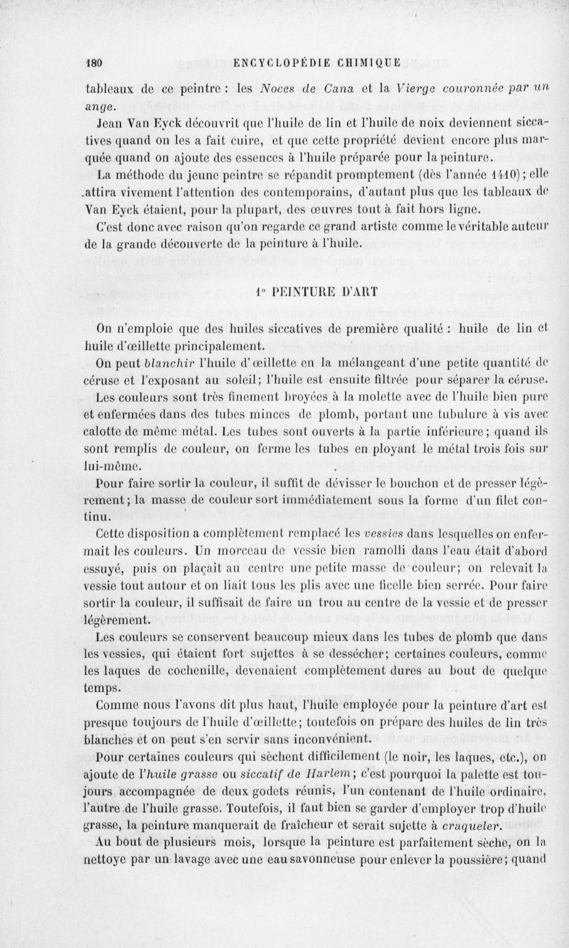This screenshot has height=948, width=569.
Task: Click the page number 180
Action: [x=94, y=62]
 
